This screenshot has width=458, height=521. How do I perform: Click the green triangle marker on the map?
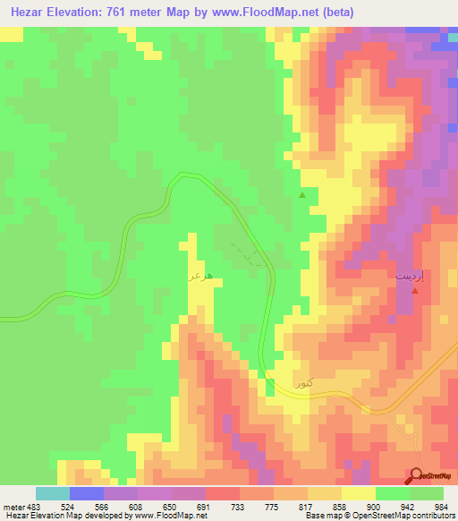coord(302,194)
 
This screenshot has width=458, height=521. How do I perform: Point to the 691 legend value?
coord(204,505)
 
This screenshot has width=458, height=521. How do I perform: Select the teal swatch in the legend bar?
coord(52,493)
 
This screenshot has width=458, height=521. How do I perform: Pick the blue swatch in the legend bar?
coord(86,493)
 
